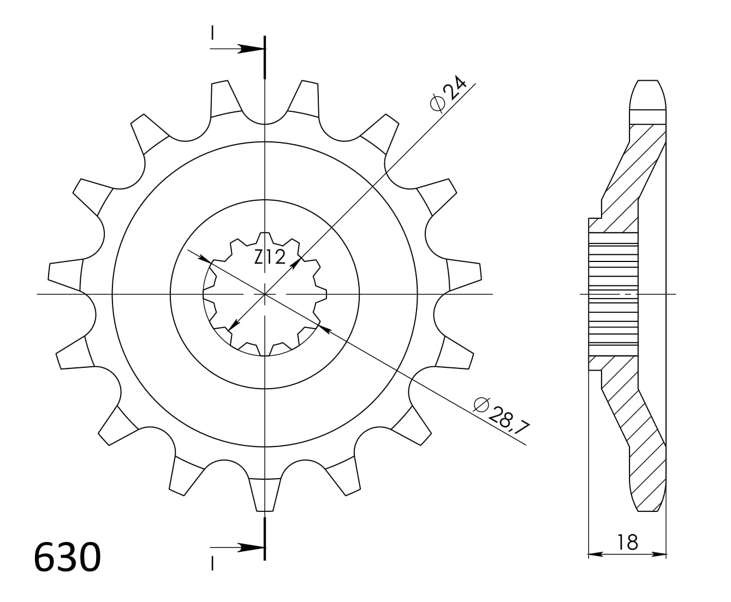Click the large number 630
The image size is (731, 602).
point(67,557)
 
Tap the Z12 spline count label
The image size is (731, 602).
point(270,257)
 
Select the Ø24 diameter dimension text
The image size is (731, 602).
point(449,95)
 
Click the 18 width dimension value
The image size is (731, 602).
point(628,542)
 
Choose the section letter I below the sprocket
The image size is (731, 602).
point(212,563)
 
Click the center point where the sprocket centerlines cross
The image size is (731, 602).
point(265,294)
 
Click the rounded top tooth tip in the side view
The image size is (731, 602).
point(648,93)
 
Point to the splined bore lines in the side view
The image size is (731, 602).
point(613,294)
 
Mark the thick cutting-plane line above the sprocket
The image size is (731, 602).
point(265,57)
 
